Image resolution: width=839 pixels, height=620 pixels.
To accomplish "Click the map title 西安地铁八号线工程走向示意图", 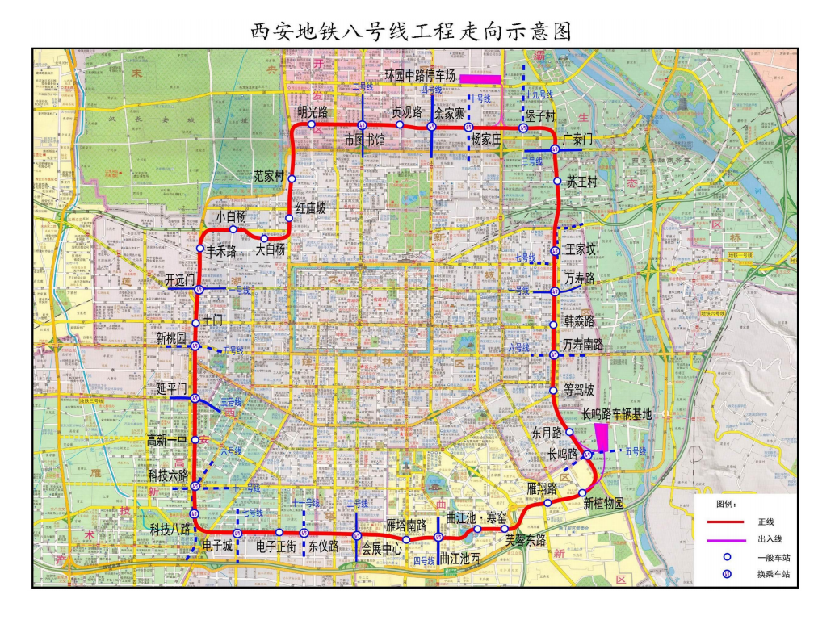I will pyautogui.click(x=412, y=31).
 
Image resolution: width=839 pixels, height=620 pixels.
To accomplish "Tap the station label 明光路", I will pyautogui.click(x=313, y=111).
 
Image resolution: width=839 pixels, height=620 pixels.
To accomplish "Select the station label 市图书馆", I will pyautogui.click(x=364, y=140).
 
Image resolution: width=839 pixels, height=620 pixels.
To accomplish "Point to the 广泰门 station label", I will pyautogui.click(x=577, y=139).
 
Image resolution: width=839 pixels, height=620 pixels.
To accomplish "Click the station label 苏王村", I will pyautogui.click(x=581, y=182).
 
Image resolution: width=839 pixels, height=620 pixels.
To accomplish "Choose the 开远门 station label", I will pyautogui.click(x=180, y=280).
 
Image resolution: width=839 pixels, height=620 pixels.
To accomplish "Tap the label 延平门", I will pyautogui.click(x=172, y=389).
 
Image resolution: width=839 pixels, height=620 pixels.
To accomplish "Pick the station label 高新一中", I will pyautogui.click(x=167, y=439).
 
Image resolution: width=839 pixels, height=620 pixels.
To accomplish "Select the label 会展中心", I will pyautogui.click(x=381, y=546).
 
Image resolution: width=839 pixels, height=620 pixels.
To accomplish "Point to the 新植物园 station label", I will pyautogui.click(x=604, y=504).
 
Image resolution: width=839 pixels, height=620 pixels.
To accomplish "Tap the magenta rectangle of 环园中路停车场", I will pyautogui.click(x=480, y=78).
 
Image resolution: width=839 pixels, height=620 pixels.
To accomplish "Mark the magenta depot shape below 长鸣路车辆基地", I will pyautogui.click(x=602, y=436).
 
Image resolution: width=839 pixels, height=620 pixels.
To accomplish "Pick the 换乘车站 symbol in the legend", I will pyautogui.click(x=727, y=574).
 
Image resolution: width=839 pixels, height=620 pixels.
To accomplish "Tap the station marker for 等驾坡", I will pyautogui.click(x=553, y=392).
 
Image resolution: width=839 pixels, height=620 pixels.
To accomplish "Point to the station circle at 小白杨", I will pyautogui.click(x=233, y=229).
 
